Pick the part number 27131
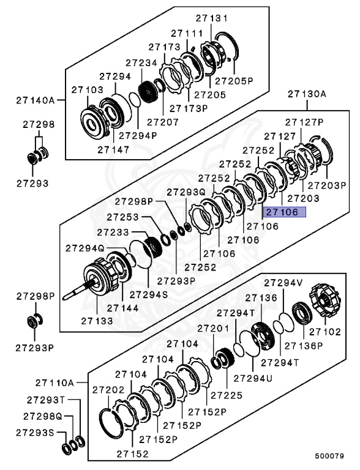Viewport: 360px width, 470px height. pyautogui.click(x=211, y=18)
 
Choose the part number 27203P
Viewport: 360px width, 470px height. pyautogui.click(x=327, y=184)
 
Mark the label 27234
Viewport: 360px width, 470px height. pyautogui.click(x=142, y=62)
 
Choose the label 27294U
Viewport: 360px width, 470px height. pyautogui.click(x=252, y=377)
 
